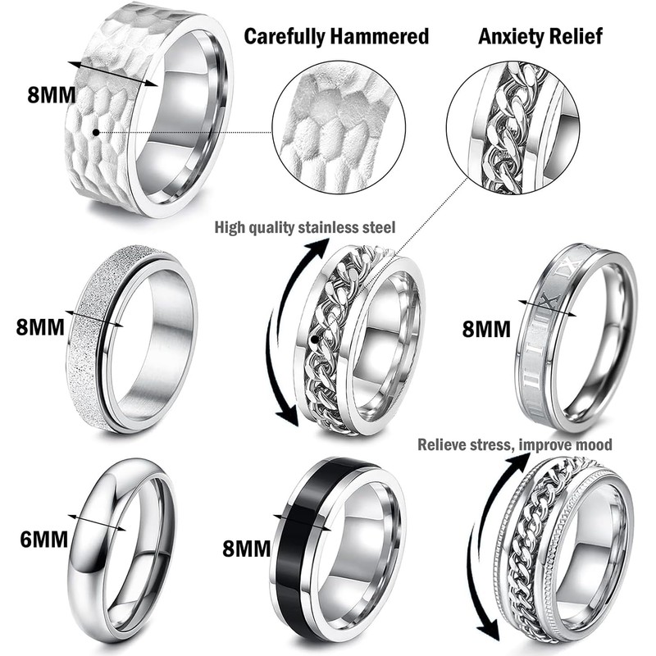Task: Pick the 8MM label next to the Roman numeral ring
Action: point(485,329)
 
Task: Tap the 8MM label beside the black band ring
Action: point(246,548)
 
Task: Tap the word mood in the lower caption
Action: point(594,444)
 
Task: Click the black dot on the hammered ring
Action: point(97,130)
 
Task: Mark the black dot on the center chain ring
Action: point(316,337)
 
